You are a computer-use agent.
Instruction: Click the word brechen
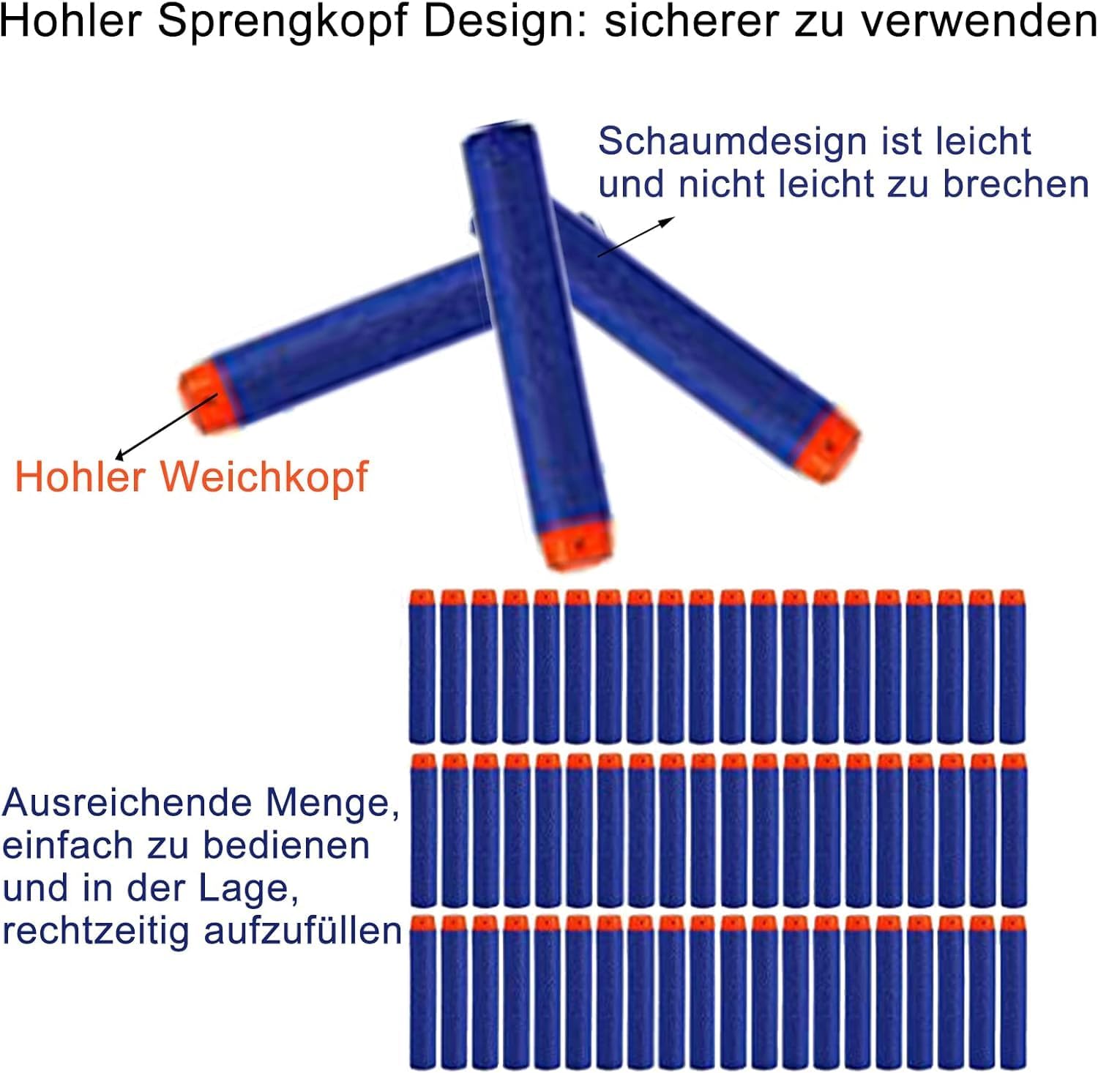[1015, 184]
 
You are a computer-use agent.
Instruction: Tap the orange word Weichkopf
[264, 477]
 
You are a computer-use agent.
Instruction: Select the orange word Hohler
[79, 477]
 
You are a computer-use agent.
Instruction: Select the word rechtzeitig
[95, 931]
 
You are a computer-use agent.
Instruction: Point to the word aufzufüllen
[302, 931]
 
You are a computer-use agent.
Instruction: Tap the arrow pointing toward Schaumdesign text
[635, 236]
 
